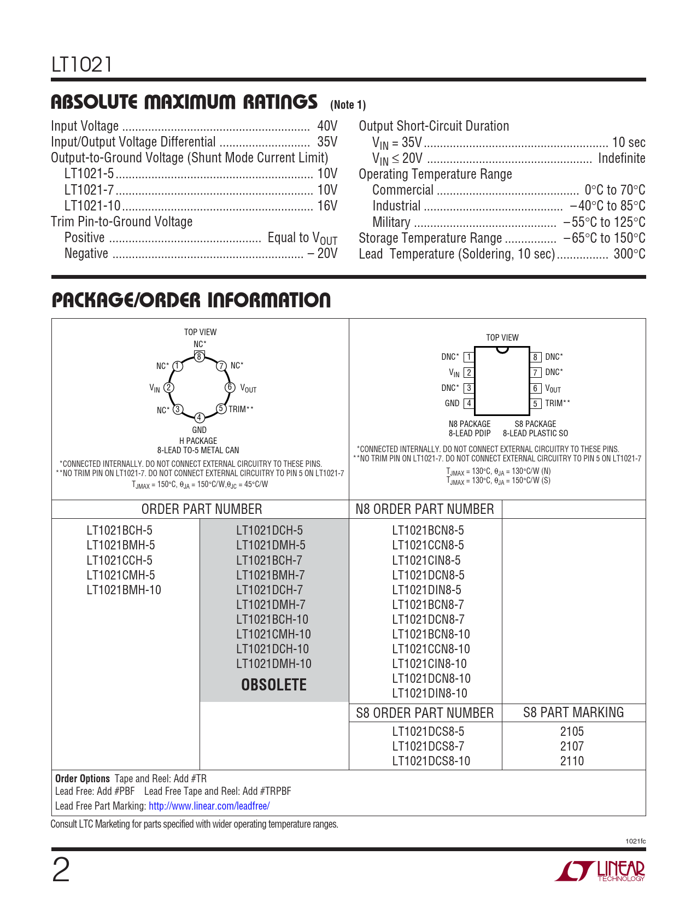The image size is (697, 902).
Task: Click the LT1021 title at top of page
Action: pos(82,65)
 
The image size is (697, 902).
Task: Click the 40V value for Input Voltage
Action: pos(327,126)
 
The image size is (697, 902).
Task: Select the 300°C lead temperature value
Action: pos(629,254)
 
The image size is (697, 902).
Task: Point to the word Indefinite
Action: pos(622,159)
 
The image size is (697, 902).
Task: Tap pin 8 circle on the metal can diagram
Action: pos(200,356)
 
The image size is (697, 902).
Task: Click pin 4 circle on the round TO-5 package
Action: pos(200,418)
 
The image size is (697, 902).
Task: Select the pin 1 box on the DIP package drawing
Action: pos(468,357)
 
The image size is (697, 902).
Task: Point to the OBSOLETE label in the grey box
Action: pos(274,684)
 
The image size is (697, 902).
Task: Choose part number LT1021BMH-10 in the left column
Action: pos(124,590)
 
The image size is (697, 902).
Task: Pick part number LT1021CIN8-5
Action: pos(426,560)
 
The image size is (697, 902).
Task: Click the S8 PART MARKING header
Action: pos(573,712)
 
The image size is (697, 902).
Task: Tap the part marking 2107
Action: pos(572,746)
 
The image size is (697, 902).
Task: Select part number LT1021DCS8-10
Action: pos(431,761)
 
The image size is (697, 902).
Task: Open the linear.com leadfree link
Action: pos(209,806)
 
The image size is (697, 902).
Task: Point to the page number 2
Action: pos(61,870)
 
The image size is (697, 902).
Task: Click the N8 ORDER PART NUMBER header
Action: pos(425,509)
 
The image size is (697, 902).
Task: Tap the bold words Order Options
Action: pos(83,778)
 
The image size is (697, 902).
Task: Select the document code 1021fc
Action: pos(635,841)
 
